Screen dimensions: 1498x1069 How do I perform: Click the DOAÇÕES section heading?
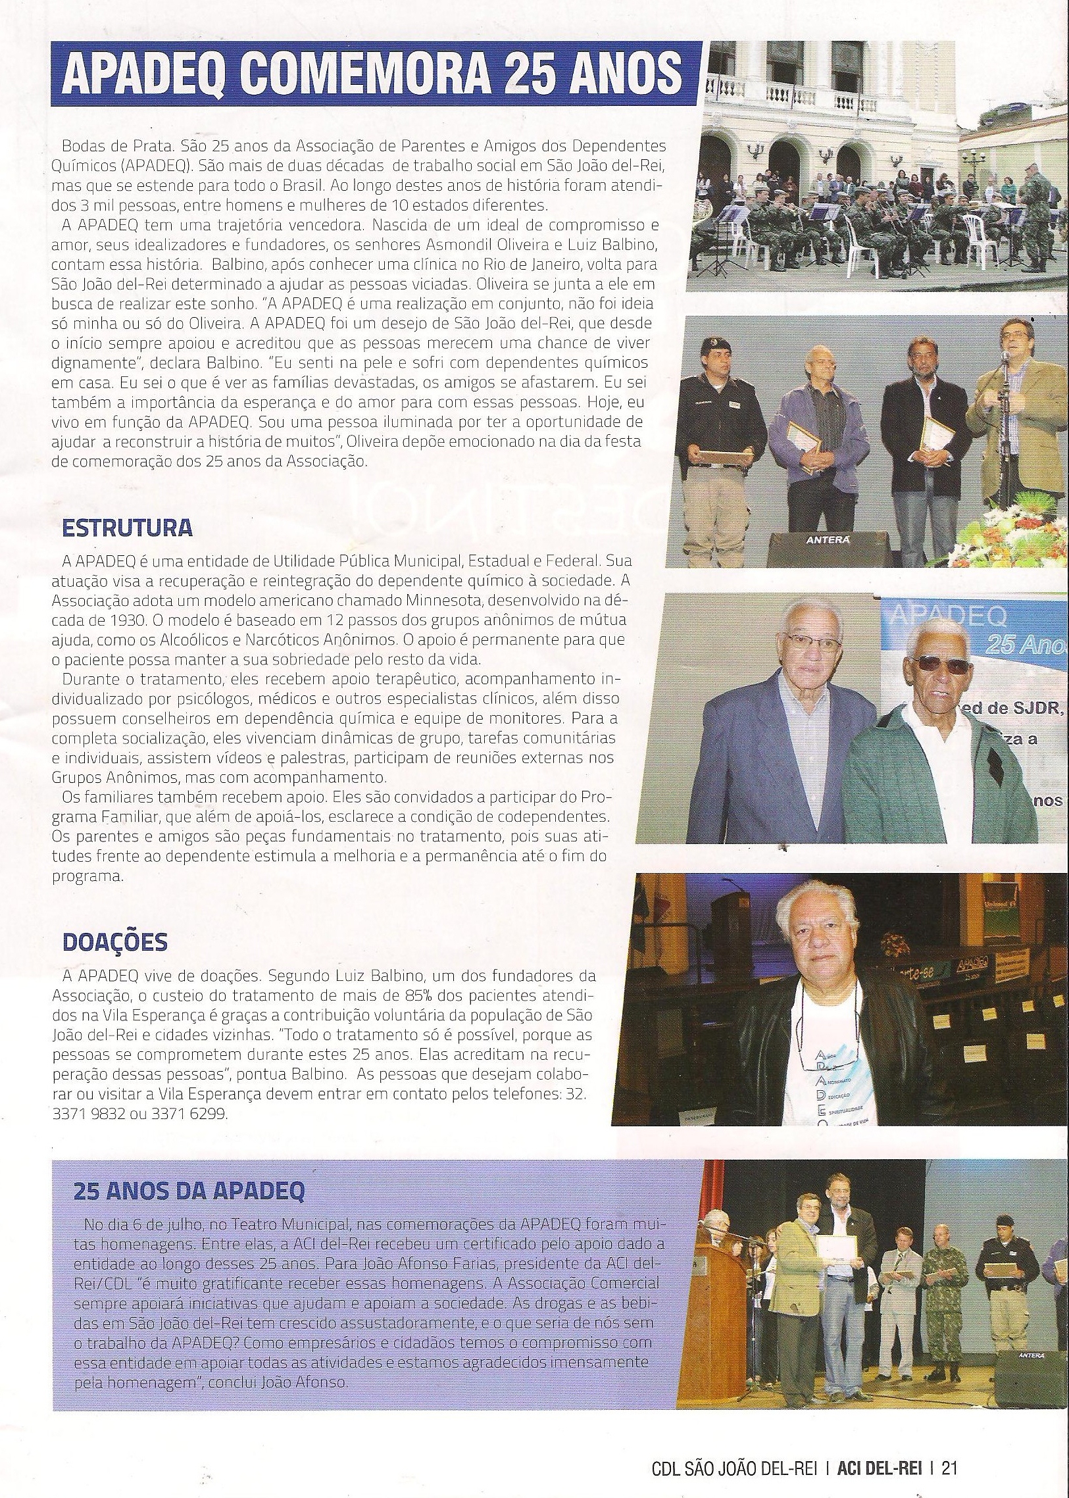coord(114,943)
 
